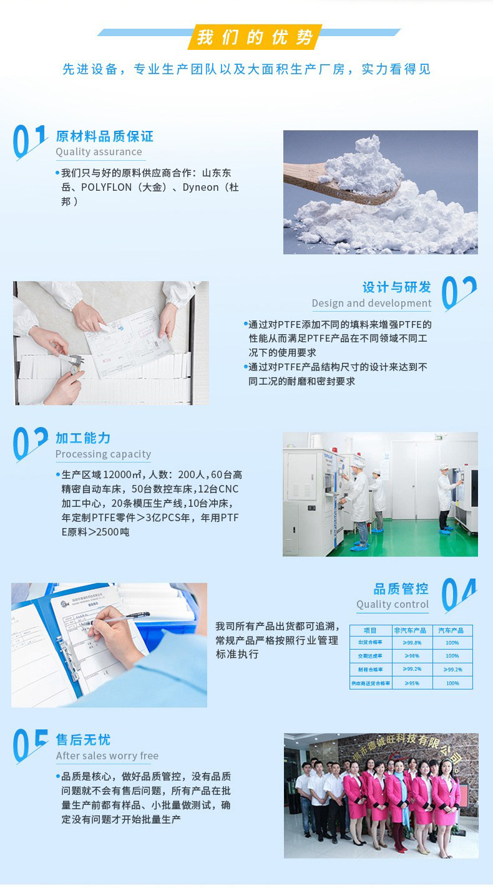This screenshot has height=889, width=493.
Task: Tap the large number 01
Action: (x=30, y=142)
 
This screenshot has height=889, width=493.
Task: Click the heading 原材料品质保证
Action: (x=104, y=136)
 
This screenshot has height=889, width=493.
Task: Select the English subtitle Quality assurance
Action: (x=99, y=151)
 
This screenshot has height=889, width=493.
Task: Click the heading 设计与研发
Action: (x=397, y=287)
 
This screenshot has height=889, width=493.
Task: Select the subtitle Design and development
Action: (x=371, y=303)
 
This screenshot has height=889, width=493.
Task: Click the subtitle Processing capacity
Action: (x=103, y=454)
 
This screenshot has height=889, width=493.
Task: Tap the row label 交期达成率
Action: (x=370, y=656)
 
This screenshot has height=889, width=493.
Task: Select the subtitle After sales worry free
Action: (x=107, y=756)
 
